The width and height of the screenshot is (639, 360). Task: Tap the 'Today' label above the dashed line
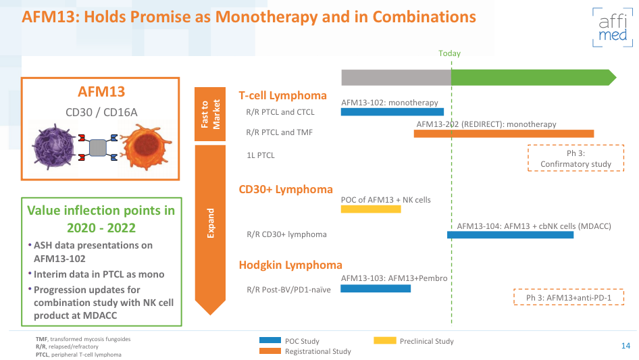point(449,53)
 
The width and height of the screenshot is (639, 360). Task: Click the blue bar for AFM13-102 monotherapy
point(392,112)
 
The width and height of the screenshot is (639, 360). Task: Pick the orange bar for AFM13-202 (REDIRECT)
point(503,134)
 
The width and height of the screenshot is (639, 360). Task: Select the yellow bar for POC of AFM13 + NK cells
point(370,209)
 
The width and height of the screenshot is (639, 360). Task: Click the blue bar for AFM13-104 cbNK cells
point(510,235)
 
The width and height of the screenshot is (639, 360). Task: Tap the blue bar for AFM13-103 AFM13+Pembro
point(375,288)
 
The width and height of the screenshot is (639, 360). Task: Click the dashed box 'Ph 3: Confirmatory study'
point(576,159)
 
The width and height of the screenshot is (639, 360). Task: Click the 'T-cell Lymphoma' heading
point(282,96)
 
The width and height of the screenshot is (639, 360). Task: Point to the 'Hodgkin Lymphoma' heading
point(290,265)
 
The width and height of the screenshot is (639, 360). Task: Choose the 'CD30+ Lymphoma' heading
point(286,190)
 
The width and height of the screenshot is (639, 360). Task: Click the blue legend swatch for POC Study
point(270,341)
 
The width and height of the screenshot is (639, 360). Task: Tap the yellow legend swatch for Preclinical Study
point(384,341)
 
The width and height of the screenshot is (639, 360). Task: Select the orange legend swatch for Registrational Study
point(270,351)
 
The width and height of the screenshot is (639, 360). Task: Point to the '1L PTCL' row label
point(261,155)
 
